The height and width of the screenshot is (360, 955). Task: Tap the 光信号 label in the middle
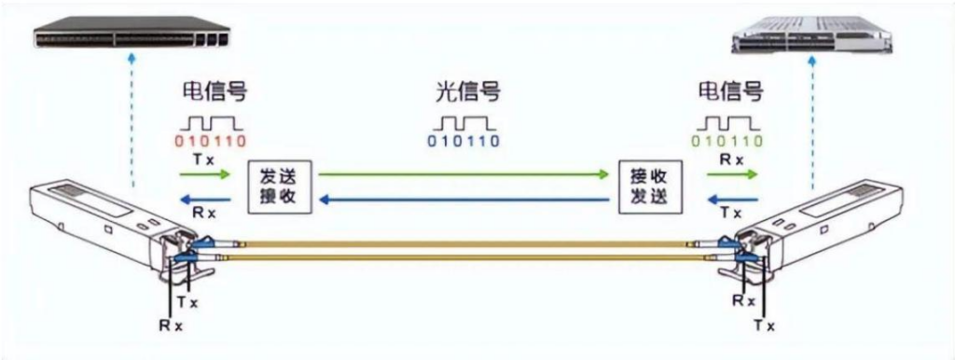pyautogui.click(x=467, y=93)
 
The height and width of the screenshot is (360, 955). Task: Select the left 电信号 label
pyautogui.click(x=215, y=93)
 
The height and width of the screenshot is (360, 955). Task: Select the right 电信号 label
pyautogui.click(x=730, y=93)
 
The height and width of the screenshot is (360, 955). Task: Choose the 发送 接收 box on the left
pyautogui.click(x=277, y=187)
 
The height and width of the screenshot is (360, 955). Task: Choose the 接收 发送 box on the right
pyautogui.click(x=649, y=187)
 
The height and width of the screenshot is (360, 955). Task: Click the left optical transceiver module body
pyautogui.click(x=93, y=220)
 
